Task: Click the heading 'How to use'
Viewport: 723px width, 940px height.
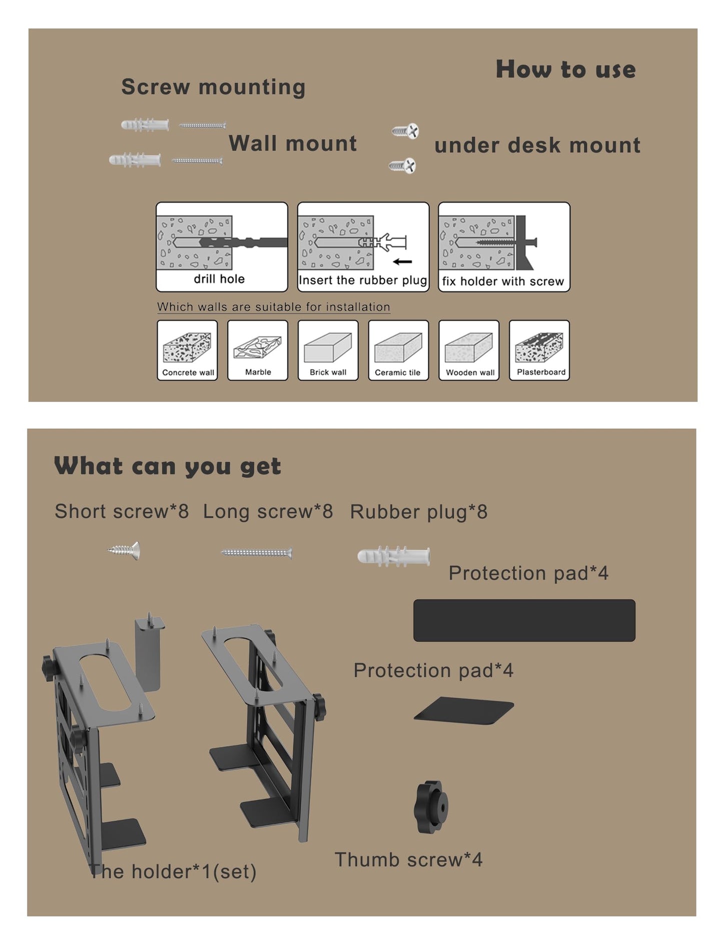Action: point(565,69)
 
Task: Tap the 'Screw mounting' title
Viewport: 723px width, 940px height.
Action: point(213,87)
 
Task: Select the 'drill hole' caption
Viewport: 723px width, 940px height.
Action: point(219,279)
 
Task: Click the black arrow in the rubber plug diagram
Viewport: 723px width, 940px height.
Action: point(402,261)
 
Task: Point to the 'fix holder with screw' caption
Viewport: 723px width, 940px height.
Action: point(503,281)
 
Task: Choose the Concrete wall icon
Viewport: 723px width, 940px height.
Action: point(187,350)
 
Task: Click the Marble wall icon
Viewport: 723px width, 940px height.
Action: point(258,350)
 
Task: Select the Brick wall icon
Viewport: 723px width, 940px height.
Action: point(328,350)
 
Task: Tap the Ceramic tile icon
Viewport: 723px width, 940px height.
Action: point(398,350)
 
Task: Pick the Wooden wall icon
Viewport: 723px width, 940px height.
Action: point(469,350)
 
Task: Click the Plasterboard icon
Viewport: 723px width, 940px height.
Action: point(539,350)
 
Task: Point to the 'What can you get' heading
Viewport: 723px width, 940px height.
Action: point(168,466)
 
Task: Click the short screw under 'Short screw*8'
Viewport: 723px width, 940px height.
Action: point(124,551)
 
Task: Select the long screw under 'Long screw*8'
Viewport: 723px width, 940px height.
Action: point(256,553)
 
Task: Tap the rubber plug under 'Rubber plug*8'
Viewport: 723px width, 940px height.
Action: point(393,556)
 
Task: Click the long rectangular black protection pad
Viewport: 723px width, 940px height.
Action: point(524,620)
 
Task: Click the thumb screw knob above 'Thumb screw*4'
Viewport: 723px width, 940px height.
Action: point(431,806)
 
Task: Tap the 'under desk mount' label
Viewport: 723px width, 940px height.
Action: point(537,145)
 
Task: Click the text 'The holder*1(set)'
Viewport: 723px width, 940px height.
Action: point(173,871)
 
